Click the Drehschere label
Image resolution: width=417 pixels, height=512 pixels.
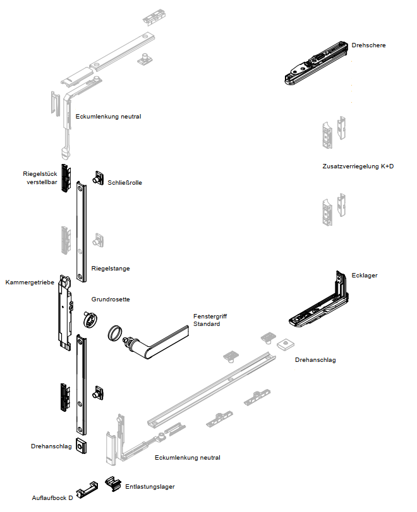click(x=368, y=45)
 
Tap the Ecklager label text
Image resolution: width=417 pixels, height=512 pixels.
click(x=364, y=276)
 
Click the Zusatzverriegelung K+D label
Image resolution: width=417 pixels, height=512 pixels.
click(x=357, y=167)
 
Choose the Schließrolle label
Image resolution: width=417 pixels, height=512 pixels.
click(x=125, y=183)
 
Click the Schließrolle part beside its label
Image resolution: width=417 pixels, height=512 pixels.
click(x=99, y=179)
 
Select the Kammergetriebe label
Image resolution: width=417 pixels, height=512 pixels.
click(x=29, y=282)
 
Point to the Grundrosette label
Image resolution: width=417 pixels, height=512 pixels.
click(x=111, y=300)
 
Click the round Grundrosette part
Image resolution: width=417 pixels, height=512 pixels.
click(x=90, y=319)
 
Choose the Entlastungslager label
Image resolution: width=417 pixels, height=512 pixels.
click(x=150, y=486)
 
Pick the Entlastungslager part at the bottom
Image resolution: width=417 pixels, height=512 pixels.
click(x=114, y=484)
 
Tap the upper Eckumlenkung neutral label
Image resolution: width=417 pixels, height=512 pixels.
click(x=108, y=117)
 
